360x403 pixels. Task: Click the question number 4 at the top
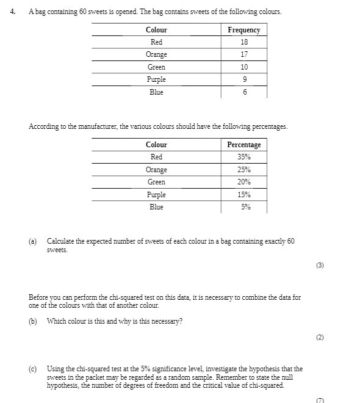[x=13, y=12]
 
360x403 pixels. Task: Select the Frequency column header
[x=243, y=30]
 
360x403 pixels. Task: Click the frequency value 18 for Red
[x=244, y=42]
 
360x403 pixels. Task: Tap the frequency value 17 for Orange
[x=244, y=54]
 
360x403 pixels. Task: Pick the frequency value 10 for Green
[x=244, y=67]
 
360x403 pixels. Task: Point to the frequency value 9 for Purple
[x=244, y=79]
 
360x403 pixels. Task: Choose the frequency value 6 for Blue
[x=244, y=92]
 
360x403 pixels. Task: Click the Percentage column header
[x=243, y=145]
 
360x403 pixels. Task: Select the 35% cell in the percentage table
[x=244, y=157]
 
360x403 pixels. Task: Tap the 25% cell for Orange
[x=244, y=170]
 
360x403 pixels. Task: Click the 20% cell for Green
[x=244, y=182]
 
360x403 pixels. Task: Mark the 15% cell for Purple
[x=244, y=195]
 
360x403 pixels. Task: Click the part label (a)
[x=33, y=241]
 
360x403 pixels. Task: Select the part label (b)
[x=33, y=321]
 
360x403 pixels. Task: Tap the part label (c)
[x=33, y=369]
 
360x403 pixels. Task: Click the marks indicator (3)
[x=320, y=266]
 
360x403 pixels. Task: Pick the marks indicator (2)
[x=320, y=337]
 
